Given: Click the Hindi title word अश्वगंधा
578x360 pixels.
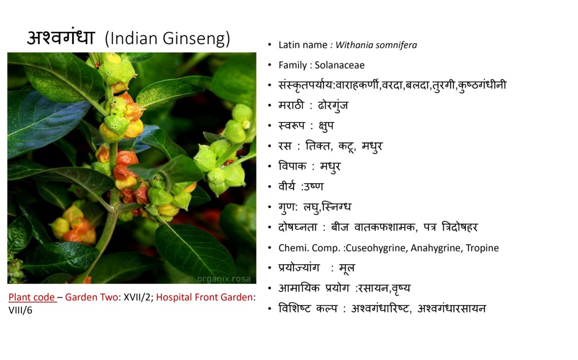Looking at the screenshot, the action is [x=61, y=37].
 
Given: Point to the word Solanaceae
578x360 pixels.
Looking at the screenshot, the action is [x=340, y=65].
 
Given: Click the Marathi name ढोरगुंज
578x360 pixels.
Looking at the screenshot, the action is [x=333, y=106].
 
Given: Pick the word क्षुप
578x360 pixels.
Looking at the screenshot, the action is [x=326, y=126].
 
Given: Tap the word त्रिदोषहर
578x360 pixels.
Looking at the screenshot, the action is [x=460, y=227].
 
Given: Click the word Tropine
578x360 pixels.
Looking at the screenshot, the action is [x=482, y=248].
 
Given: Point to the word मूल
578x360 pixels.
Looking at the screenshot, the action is [x=347, y=268].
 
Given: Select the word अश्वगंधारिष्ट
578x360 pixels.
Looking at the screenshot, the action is [x=381, y=308].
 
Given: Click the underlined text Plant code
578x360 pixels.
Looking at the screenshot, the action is [x=32, y=297].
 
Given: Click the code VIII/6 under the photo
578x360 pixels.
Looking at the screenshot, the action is [x=20, y=310].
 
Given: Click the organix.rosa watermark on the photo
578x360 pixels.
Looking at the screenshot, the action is [x=224, y=279].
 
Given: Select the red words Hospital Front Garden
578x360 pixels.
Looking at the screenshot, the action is [x=204, y=297].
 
